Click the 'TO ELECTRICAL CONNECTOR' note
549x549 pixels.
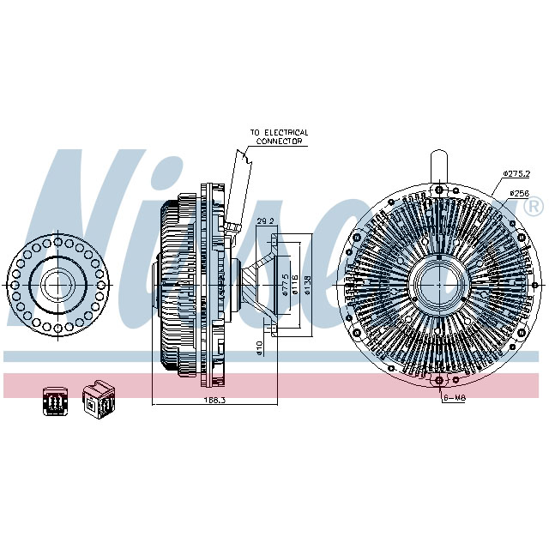[x=279, y=136]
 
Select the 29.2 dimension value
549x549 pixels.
[x=266, y=221]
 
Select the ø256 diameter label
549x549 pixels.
[x=520, y=193]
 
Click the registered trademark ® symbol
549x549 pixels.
[x=533, y=207]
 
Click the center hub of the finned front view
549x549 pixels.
[x=439, y=282]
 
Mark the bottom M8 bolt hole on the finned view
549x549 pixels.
[x=439, y=381]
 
